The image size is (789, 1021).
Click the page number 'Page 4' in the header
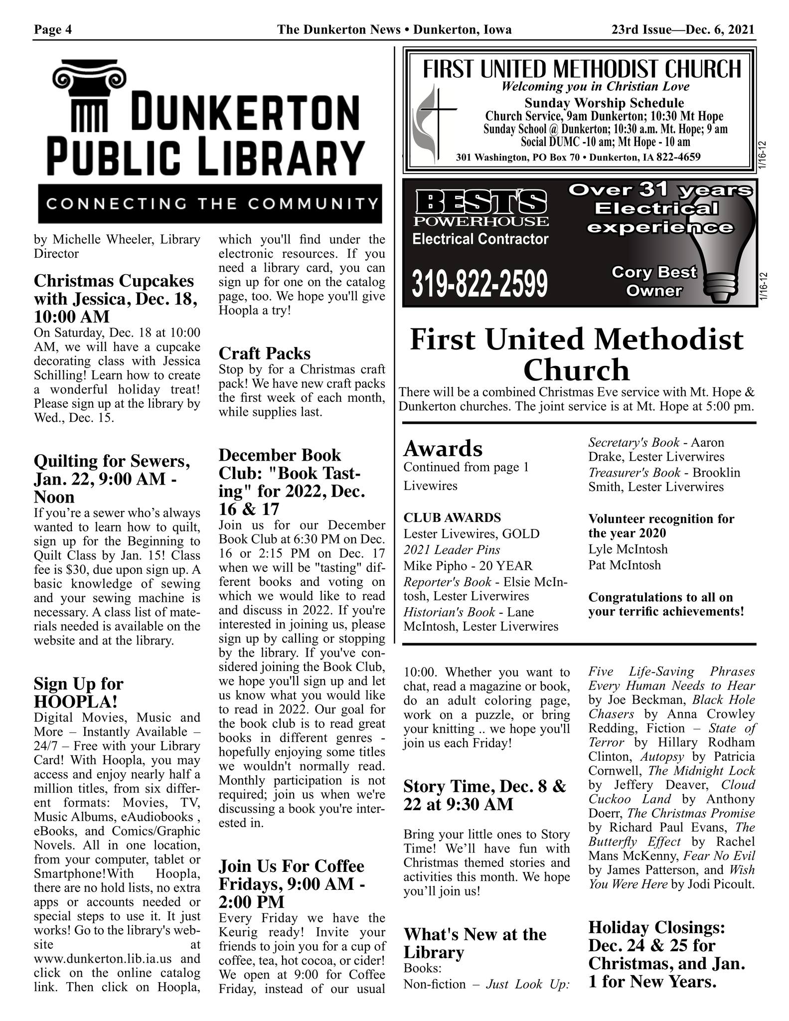pos(53,30)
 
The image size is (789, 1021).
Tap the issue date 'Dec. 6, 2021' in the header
pos(720,30)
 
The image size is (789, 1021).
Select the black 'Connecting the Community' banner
pos(210,204)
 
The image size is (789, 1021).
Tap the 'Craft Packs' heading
pos(264,353)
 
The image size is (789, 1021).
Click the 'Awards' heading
pos(443,449)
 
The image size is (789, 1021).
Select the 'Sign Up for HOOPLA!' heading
pos(78,692)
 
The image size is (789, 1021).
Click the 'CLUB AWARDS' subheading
pos(452,517)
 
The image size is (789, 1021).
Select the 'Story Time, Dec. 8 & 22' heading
pos(484,796)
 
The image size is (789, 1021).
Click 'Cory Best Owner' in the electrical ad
pos(653,281)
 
